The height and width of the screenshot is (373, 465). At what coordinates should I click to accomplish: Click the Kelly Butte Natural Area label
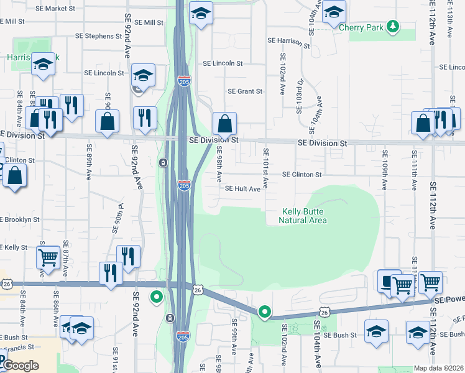tap(303, 216)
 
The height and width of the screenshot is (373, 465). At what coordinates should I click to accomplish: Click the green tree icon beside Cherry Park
tap(392, 26)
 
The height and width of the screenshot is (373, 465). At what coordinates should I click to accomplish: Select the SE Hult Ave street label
tap(242, 188)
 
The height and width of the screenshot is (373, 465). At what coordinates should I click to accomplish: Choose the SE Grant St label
tap(245, 91)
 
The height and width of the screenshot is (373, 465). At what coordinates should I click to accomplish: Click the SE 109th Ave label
tap(385, 169)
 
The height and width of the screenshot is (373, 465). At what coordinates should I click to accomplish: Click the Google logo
tap(21, 366)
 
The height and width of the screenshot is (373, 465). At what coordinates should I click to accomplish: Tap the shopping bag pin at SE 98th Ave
tap(224, 124)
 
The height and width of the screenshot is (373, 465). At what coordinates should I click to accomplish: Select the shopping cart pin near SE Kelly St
tap(48, 257)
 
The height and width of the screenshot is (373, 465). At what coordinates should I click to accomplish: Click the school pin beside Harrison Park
tap(43, 65)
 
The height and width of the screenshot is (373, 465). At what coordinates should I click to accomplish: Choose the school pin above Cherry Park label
tap(334, 12)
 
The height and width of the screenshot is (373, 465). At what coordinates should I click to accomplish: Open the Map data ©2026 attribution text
tap(438, 368)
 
